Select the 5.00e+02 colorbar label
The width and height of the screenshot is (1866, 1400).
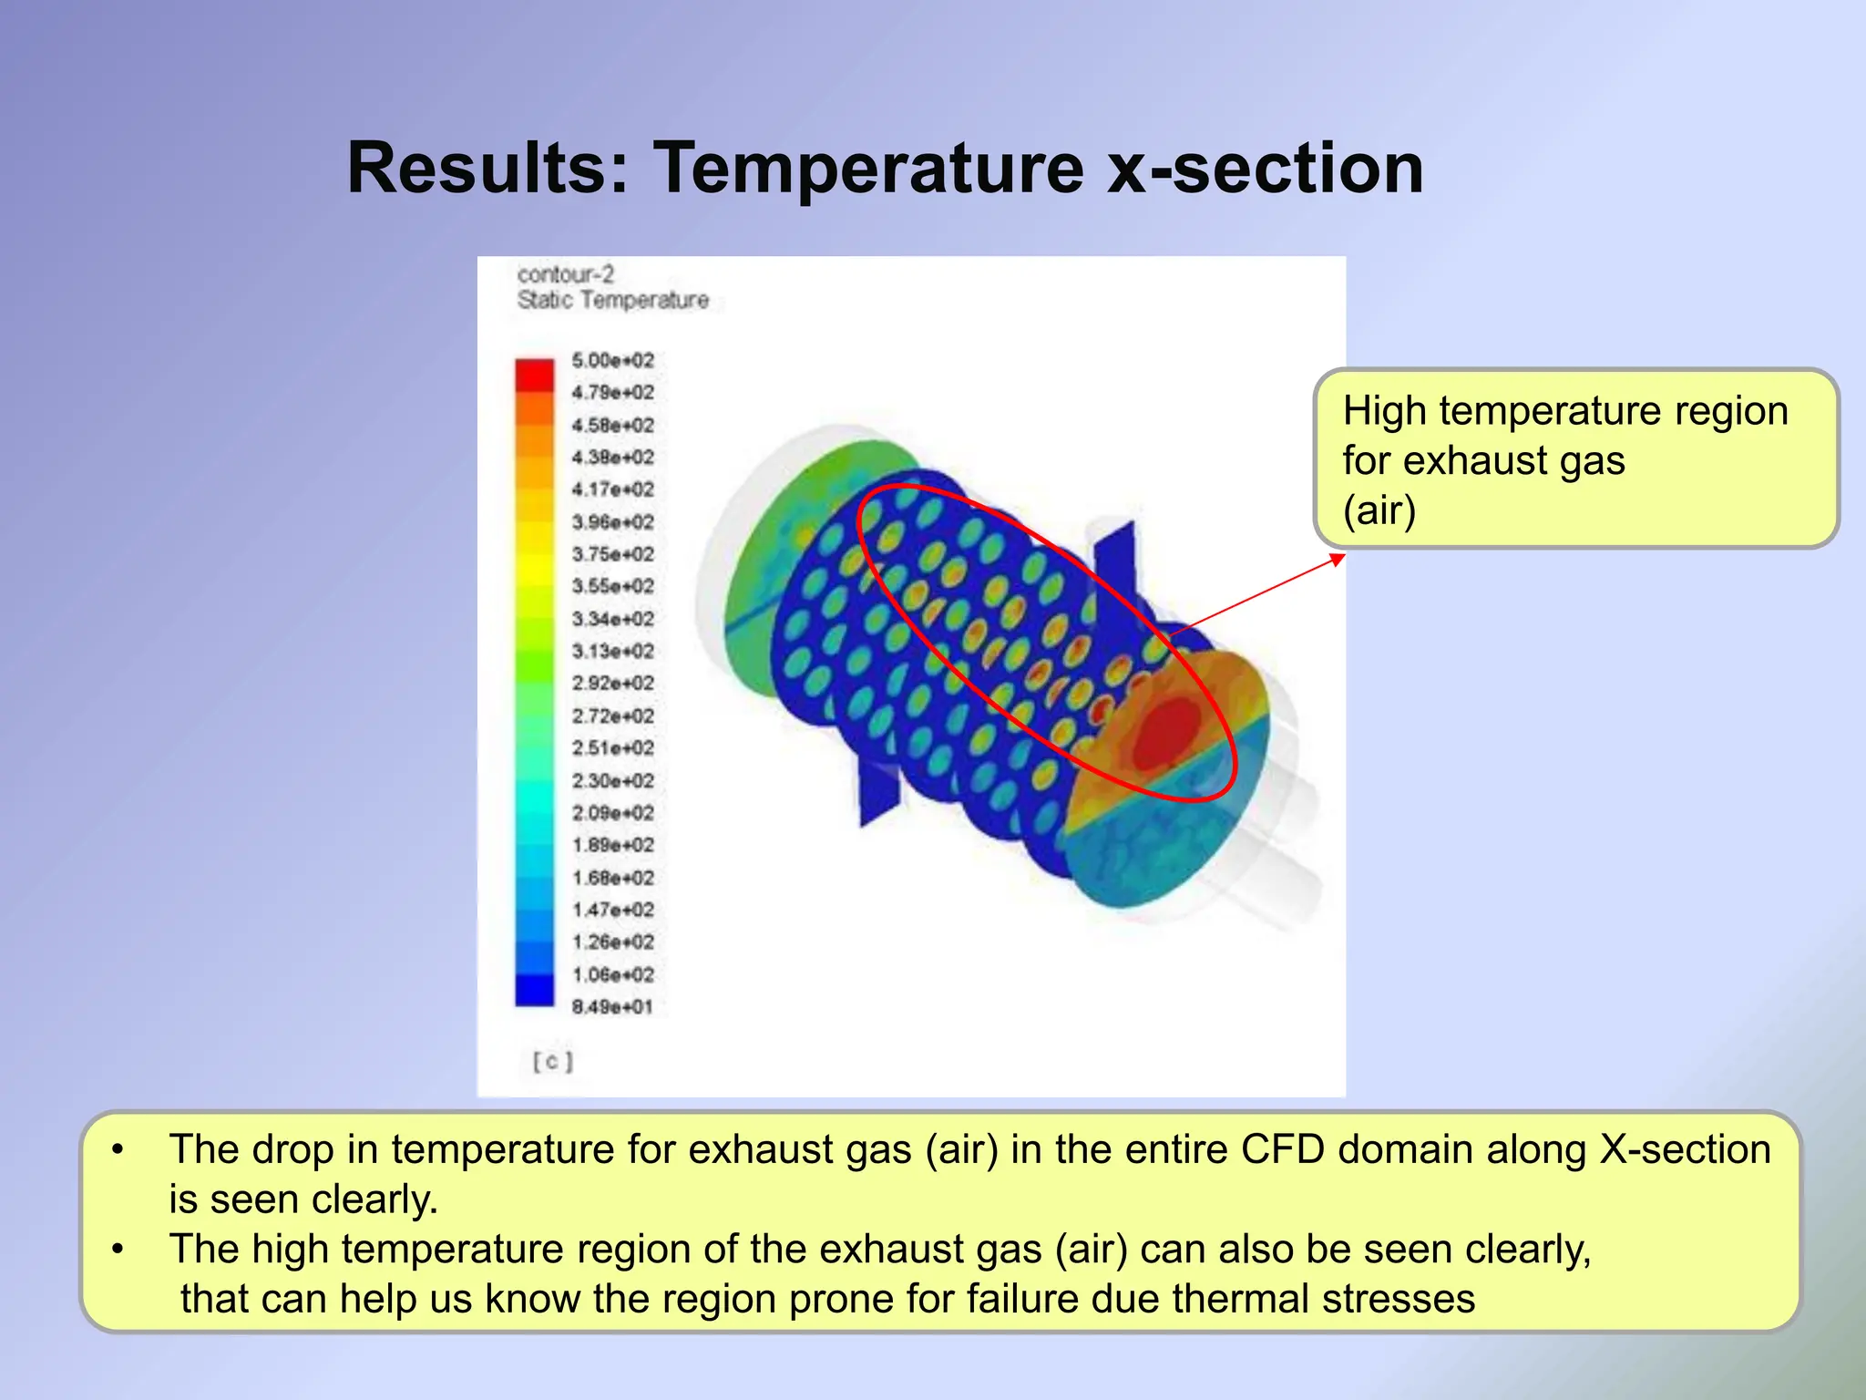point(612,360)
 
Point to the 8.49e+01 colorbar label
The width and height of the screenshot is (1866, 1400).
point(612,1007)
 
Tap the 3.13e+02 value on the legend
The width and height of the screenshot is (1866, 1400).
point(612,651)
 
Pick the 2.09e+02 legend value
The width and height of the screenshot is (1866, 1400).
point(612,812)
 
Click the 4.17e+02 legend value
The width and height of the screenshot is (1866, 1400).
point(612,489)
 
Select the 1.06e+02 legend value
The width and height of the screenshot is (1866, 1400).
point(612,974)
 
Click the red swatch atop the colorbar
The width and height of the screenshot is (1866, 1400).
point(535,375)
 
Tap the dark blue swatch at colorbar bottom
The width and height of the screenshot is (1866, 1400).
point(535,991)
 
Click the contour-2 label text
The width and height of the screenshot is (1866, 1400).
point(565,274)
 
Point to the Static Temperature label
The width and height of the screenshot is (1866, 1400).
point(612,300)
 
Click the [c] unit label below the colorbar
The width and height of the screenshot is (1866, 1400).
point(552,1061)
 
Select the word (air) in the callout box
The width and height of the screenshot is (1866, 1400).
point(1379,510)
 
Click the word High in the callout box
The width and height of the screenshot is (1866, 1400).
point(1384,411)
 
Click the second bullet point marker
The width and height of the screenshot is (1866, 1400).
point(118,1249)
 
